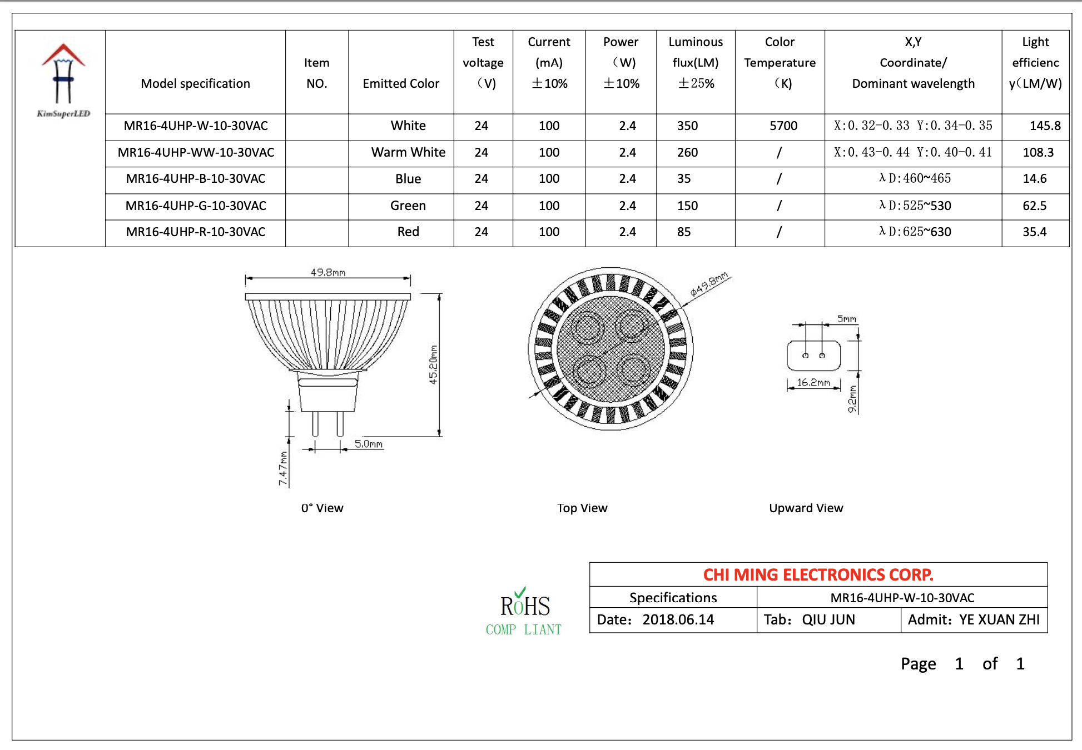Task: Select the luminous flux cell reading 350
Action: [687, 126]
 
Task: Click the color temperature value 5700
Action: [783, 126]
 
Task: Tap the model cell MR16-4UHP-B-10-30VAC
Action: [196, 179]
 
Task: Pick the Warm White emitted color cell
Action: [408, 153]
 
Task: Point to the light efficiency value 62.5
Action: [1034, 206]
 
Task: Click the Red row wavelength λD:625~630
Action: [915, 232]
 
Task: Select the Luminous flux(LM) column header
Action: [696, 63]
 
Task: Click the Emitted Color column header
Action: [401, 84]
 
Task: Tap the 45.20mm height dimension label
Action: [433, 364]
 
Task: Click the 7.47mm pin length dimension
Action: [284, 468]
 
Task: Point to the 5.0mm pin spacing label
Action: [369, 444]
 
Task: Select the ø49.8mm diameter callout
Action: [709, 284]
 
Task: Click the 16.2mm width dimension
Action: [813, 383]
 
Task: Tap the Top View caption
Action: [582, 508]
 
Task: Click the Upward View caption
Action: [806, 508]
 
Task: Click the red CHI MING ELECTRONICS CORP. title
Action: [818, 575]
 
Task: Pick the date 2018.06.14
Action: [678, 620]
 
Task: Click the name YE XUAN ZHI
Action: [999, 620]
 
